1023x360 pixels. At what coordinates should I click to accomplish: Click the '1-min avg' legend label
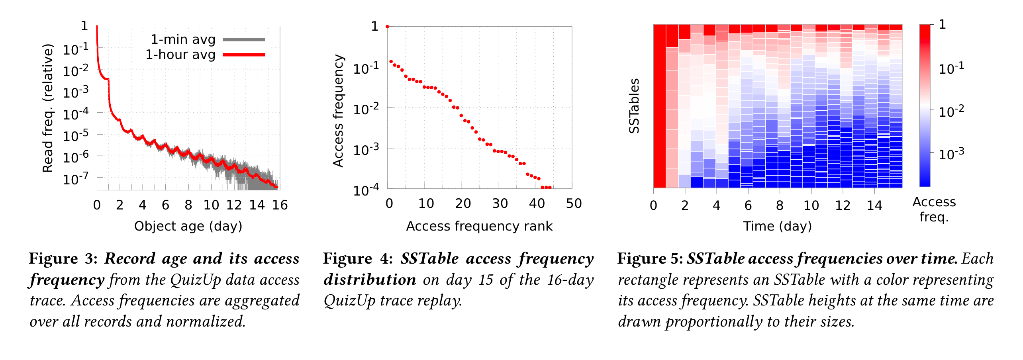coord(183,39)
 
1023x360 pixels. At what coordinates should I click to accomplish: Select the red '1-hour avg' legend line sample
coord(244,55)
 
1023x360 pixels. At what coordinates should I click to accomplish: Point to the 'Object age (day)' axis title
coord(188,226)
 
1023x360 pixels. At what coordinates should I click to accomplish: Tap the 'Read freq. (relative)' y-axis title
coord(48,108)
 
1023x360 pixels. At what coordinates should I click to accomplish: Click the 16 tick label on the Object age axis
coord(280,205)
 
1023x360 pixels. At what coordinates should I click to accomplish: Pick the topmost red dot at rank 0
coord(387,27)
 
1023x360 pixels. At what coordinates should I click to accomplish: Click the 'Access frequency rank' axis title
coord(479,226)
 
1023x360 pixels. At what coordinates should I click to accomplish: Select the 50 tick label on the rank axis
coord(574,204)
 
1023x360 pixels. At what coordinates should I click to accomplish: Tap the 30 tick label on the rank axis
coord(500,204)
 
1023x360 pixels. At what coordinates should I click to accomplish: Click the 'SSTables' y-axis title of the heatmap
coord(634,106)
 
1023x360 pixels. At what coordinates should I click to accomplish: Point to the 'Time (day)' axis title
coord(777,226)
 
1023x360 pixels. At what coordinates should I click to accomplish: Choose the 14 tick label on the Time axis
coord(874,205)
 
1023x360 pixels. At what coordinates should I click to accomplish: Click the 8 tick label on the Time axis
coord(780,205)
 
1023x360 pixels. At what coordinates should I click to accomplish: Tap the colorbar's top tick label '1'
coord(943,25)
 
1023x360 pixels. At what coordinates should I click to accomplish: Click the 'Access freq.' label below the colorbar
coord(934,209)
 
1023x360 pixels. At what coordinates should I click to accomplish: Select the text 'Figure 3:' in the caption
coord(63,259)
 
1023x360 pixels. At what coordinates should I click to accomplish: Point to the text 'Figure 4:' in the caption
coord(358,259)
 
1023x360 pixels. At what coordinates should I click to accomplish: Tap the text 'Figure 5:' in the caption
coord(650,259)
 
